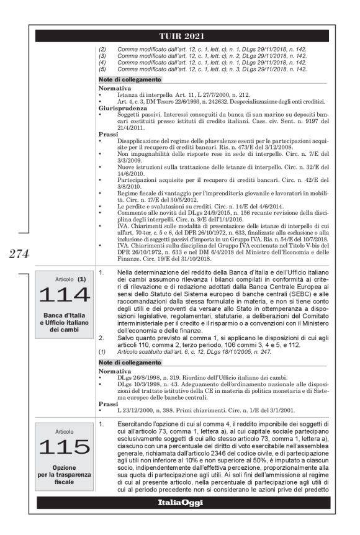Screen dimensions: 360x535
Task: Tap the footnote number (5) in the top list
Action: coord(103,69)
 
